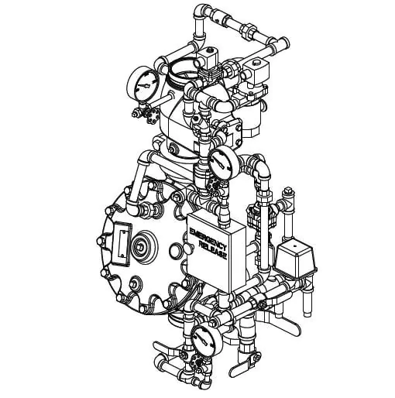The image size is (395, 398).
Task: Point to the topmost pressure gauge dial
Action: tap(143, 84)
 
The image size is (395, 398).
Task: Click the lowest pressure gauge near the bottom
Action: tap(207, 339)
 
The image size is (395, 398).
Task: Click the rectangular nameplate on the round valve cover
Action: tap(122, 244)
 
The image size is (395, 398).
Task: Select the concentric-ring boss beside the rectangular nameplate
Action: tap(144, 247)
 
